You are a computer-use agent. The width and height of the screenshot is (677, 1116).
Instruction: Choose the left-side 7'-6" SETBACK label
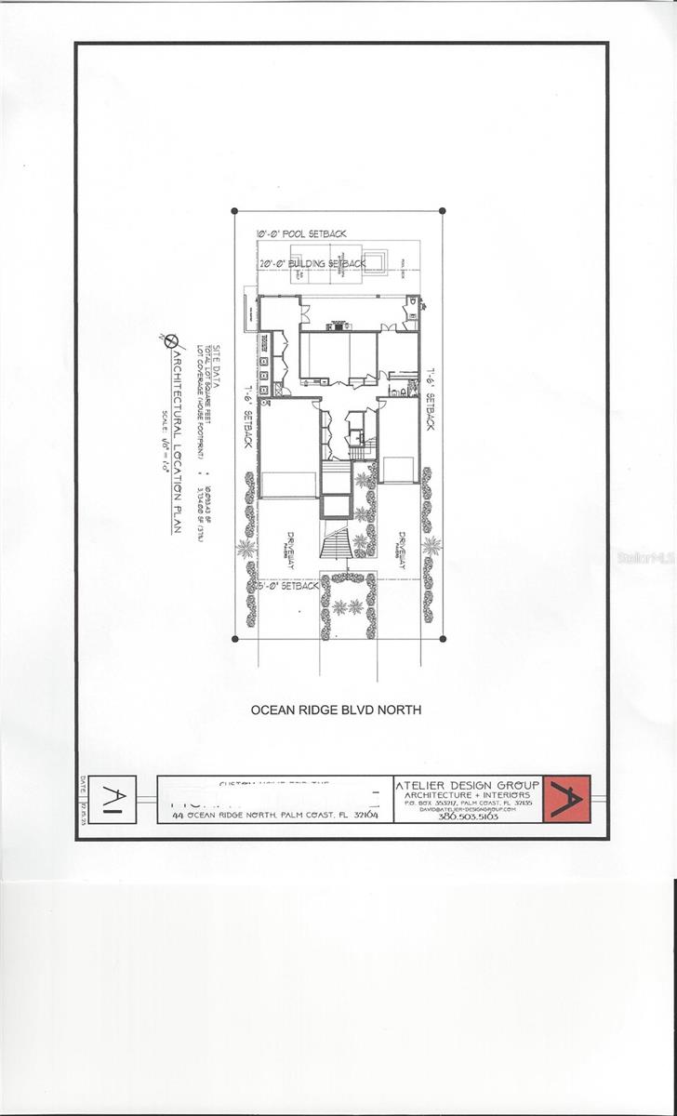tap(248, 415)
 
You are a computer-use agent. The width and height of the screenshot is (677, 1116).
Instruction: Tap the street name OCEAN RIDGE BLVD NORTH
tap(337, 710)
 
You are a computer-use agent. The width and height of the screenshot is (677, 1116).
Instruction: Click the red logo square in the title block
tap(566, 798)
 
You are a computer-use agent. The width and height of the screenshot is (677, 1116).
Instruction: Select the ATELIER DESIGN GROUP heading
tap(467, 785)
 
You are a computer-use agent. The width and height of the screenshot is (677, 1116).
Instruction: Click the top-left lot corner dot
tap(234, 211)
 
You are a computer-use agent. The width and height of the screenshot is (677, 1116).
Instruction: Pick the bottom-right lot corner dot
tap(442, 639)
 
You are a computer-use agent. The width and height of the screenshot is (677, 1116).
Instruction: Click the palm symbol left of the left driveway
tap(246, 548)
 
